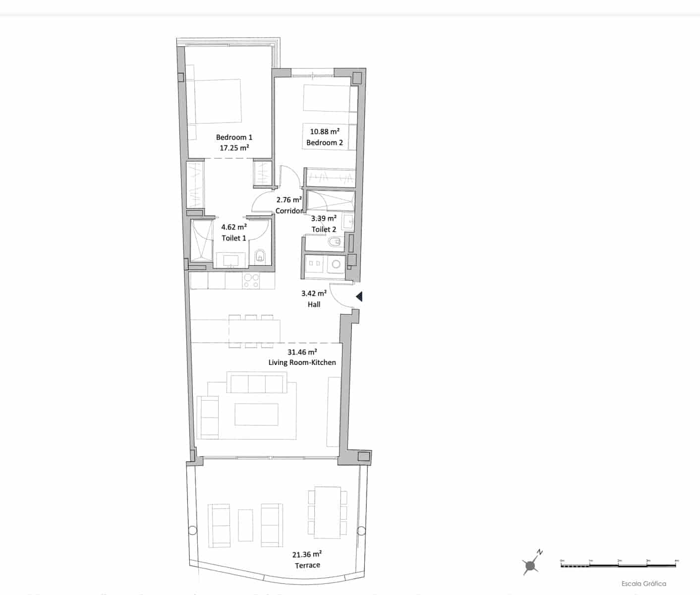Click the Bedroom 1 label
pyautogui.click(x=234, y=137)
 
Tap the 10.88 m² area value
pyautogui.click(x=325, y=132)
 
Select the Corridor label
pyautogui.click(x=289, y=211)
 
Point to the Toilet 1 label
pyautogui.click(x=234, y=238)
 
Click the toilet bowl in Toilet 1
pyautogui.click(x=260, y=256)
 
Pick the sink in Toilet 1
pyautogui.click(x=231, y=259)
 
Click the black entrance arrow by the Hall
pyautogui.click(x=359, y=297)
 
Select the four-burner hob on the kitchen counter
pyautogui.click(x=251, y=281)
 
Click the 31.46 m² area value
pyautogui.click(x=302, y=353)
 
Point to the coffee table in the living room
pyautogui.click(x=256, y=415)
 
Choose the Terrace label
pyautogui.click(x=307, y=565)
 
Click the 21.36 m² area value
pyautogui.click(x=307, y=555)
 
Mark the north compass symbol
pyautogui.click(x=531, y=564)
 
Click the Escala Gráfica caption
pyautogui.click(x=643, y=584)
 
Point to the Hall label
pyautogui.click(x=314, y=304)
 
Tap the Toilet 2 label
pyautogui.click(x=324, y=229)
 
